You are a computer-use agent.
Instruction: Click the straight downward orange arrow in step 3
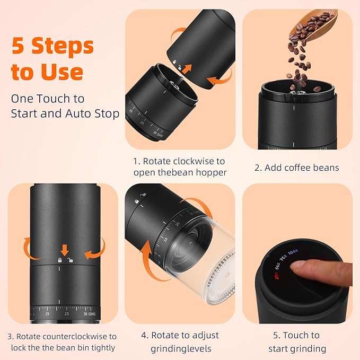[x=65, y=250]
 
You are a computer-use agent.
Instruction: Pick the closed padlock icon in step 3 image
[x=60, y=260]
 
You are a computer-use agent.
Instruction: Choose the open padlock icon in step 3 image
[x=71, y=260]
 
